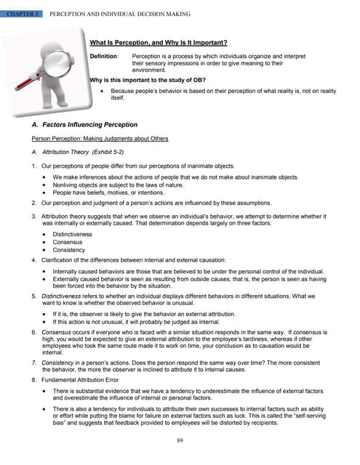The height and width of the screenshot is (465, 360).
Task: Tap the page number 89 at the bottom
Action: pyautogui.click(x=179, y=440)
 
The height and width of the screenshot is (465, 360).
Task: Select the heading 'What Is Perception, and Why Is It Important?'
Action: pyautogui.click(x=158, y=43)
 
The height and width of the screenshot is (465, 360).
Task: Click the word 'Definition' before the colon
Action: pyautogui.click(x=103, y=56)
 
